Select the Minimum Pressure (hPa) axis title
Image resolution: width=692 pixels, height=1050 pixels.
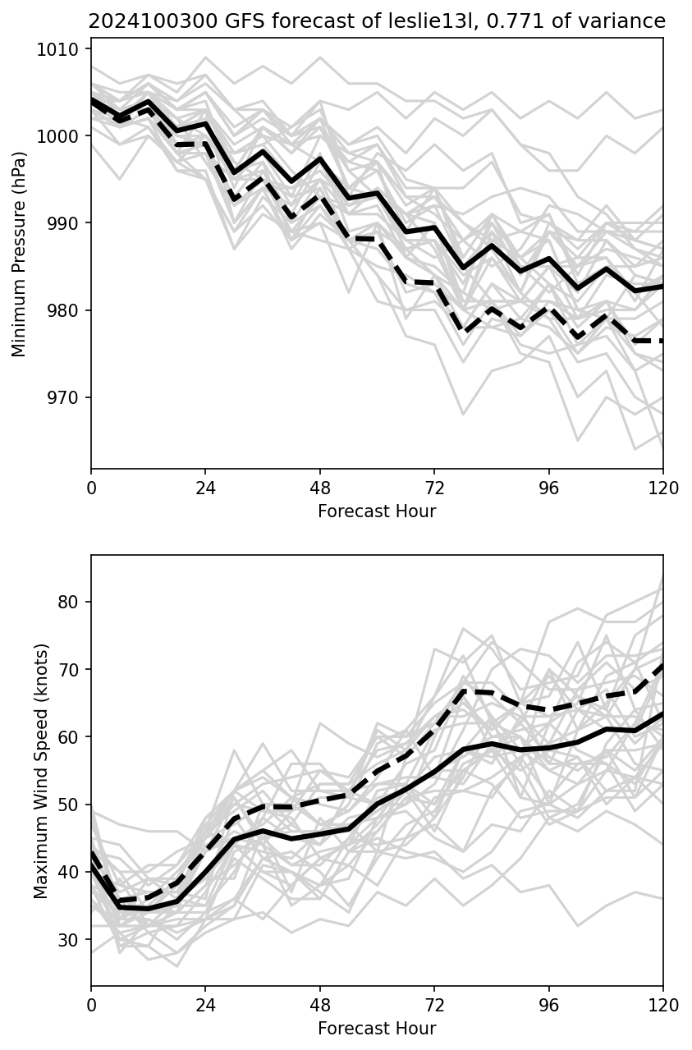(20, 253)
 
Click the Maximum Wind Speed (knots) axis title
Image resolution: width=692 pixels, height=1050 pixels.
(41, 771)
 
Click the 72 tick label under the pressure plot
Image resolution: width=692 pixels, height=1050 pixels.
(434, 488)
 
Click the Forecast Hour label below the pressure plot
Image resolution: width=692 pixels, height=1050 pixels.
(377, 511)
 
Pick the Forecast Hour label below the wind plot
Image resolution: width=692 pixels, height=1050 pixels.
(377, 1029)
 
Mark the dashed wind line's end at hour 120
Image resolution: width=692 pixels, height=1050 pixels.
(662, 666)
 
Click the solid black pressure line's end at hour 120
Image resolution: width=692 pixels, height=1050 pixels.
(662, 287)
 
